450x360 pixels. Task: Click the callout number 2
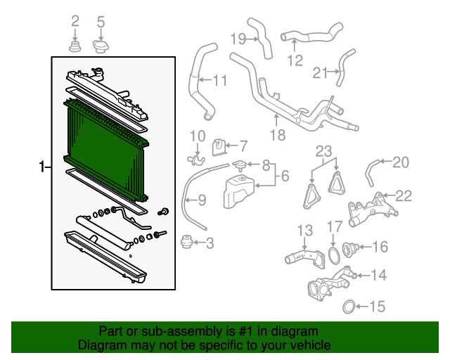[76, 22]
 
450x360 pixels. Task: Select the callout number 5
[100, 22]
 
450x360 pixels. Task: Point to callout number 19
[236, 38]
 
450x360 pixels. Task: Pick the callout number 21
[321, 72]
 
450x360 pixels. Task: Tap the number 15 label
[378, 307]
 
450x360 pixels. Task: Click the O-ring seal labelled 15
[348, 307]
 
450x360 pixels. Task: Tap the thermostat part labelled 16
[349, 248]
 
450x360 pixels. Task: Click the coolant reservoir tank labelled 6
[237, 191]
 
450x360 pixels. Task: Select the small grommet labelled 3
[187, 243]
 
